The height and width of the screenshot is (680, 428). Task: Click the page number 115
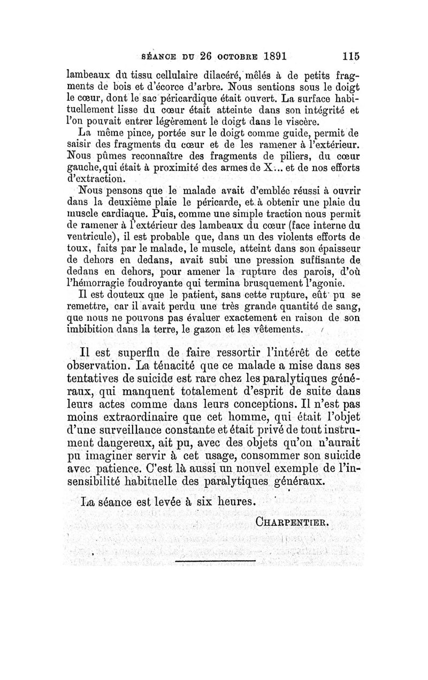pos(348,56)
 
